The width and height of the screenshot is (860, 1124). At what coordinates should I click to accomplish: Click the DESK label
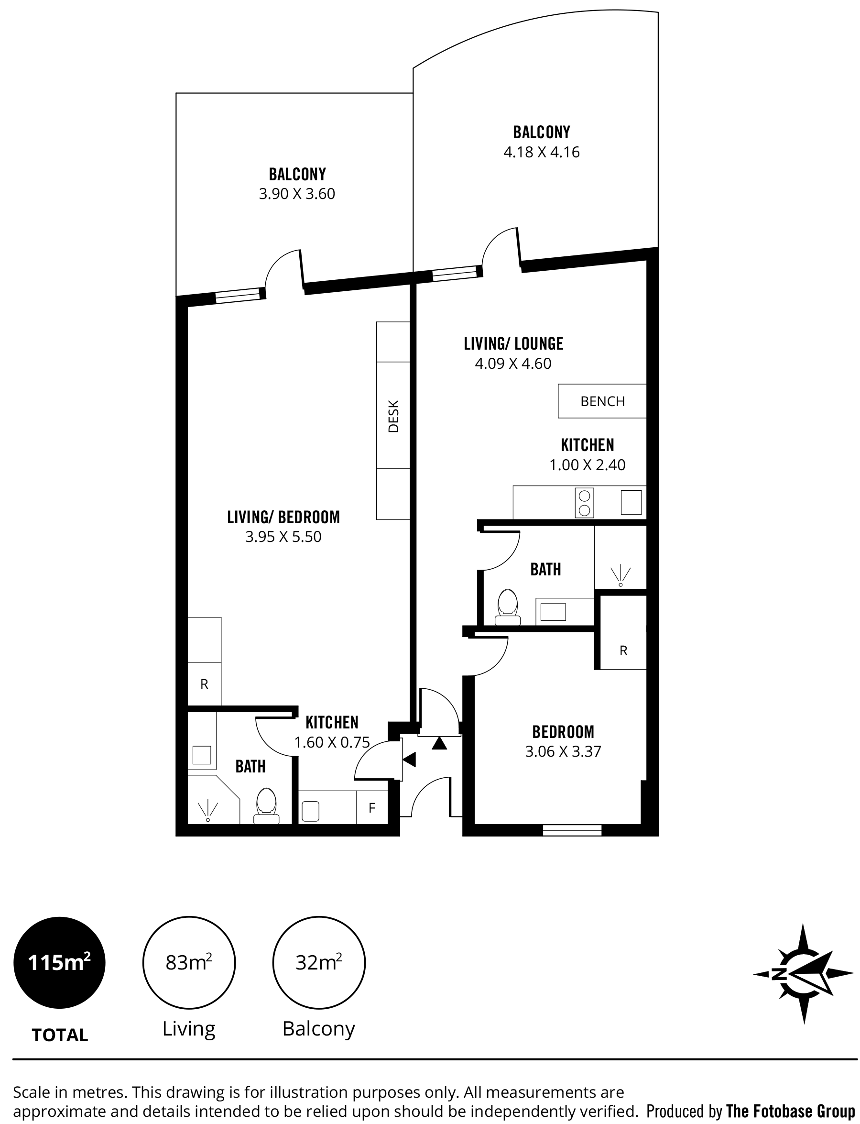point(393,416)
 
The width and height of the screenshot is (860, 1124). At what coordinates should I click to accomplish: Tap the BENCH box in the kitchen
point(602,401)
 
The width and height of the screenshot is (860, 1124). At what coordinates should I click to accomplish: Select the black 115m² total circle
point(59,963)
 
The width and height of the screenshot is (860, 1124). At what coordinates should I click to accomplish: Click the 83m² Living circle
point(188,963)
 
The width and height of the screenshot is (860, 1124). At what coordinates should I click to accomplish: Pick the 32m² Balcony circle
point(318,963)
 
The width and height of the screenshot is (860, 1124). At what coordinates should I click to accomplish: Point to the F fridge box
point(372,807)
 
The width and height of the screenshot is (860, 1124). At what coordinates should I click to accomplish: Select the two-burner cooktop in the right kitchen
point(584,502)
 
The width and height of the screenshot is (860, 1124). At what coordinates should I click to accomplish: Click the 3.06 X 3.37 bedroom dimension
point(563,751)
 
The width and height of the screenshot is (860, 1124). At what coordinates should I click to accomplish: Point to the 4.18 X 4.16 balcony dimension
point(541,152)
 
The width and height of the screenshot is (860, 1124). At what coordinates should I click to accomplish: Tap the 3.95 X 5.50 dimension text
point(283,537)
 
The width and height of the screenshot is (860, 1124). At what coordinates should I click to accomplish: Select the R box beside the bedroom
point(623,650)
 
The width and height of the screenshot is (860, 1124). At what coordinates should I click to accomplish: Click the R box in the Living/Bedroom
point(204,684)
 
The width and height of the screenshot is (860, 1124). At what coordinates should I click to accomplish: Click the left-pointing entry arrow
point(410,760)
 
